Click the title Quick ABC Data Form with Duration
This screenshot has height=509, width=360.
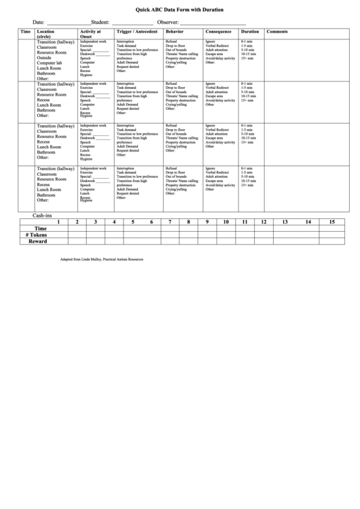pyautogui.click(x=180, y=11)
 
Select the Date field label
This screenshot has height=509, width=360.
pyautogui.click(x=38, y=22)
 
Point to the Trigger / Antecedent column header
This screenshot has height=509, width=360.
pyautogui.click(x=137, y=32)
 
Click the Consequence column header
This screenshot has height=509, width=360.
pyautogui.click(x=217, y=32)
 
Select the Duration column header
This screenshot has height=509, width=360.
pyautogui.click(x=249, y=32)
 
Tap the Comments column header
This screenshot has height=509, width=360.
pyautogui.click(x=277, y=32)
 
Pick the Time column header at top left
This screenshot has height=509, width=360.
pyautogui.click(x=25, y=32)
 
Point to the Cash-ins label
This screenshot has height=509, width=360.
pyautogui.click(x=43, y=215)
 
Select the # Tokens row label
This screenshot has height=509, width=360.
pyautogui.click(x=37, y=234)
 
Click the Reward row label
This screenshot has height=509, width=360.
pyautogui.click(x=37, y=241)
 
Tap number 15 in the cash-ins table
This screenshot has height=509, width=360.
pyautogui.click(x=331, y=222)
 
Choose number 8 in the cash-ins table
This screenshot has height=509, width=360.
pyautogui.click(x=188, y=222)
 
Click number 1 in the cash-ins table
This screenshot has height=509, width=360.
pyautogui.click(x=58, y=222)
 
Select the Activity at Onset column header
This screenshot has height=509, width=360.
pyautogui.click(x=90, y=34)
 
